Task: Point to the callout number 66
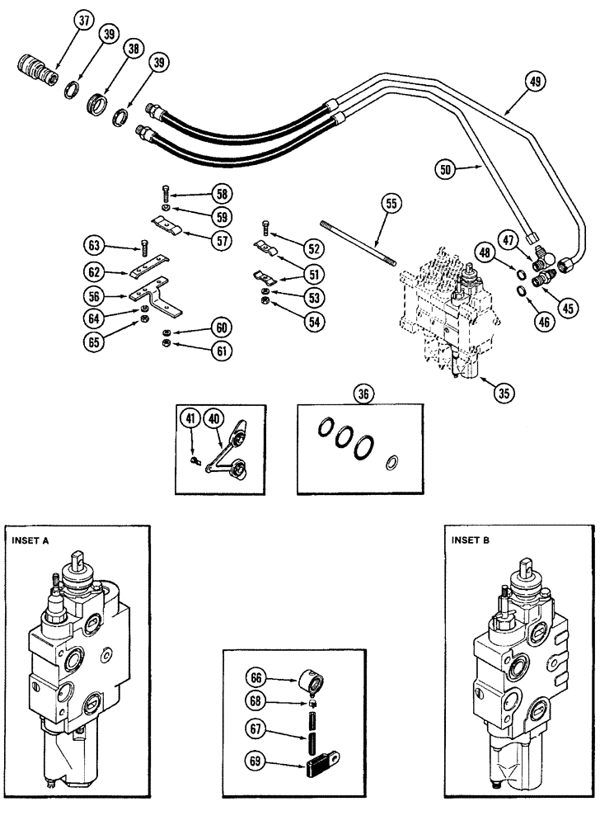pyautogui.click(x=256, y=677)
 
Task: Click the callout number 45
pyautogui.click(x=566, y=310)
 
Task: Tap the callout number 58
pyautogui.click(x=221, y=194)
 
